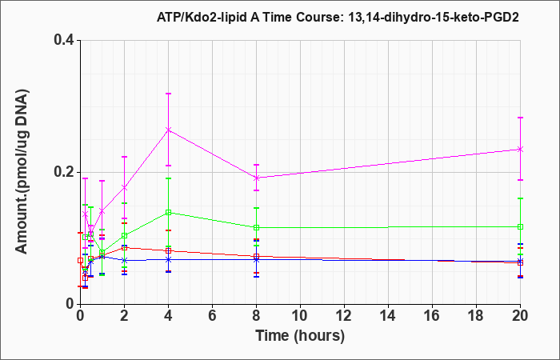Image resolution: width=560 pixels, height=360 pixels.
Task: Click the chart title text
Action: (x=338, y=17)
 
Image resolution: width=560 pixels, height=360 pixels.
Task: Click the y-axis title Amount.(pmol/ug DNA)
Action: (x=22, y=172)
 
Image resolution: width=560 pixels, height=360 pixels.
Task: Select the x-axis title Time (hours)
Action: (x=300, y=336)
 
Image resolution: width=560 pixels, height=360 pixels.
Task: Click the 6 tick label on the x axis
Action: (x=213, y=316)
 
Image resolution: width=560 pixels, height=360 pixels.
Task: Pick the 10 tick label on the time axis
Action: (x=300, y=316)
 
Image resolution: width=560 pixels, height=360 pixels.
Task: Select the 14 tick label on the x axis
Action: (x=388, y=316)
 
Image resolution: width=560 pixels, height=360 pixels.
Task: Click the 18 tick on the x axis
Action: (x=476, y=316)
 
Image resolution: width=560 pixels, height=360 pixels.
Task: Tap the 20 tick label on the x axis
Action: (x=520, y=316)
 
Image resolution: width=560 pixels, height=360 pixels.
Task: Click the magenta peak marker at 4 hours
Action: (x=169, y=130)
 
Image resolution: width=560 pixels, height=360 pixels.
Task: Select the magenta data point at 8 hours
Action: (x=257, y=178)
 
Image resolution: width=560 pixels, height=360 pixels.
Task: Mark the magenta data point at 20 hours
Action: (x=520, y=150)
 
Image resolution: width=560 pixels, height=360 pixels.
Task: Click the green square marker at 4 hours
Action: (x=169, y=213)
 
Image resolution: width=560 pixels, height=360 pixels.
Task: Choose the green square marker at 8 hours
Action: (x=257, y=227)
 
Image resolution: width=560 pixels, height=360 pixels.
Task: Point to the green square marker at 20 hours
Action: (x=520, y=226)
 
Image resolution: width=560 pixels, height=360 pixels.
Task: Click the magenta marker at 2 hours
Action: (x=125, y=187)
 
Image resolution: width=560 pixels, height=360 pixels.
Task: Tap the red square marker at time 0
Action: (x=81, y=260)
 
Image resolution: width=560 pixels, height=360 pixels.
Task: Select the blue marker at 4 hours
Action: (x=169, y=259)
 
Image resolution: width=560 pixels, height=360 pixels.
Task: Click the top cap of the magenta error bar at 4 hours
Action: (x=169, y=94)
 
